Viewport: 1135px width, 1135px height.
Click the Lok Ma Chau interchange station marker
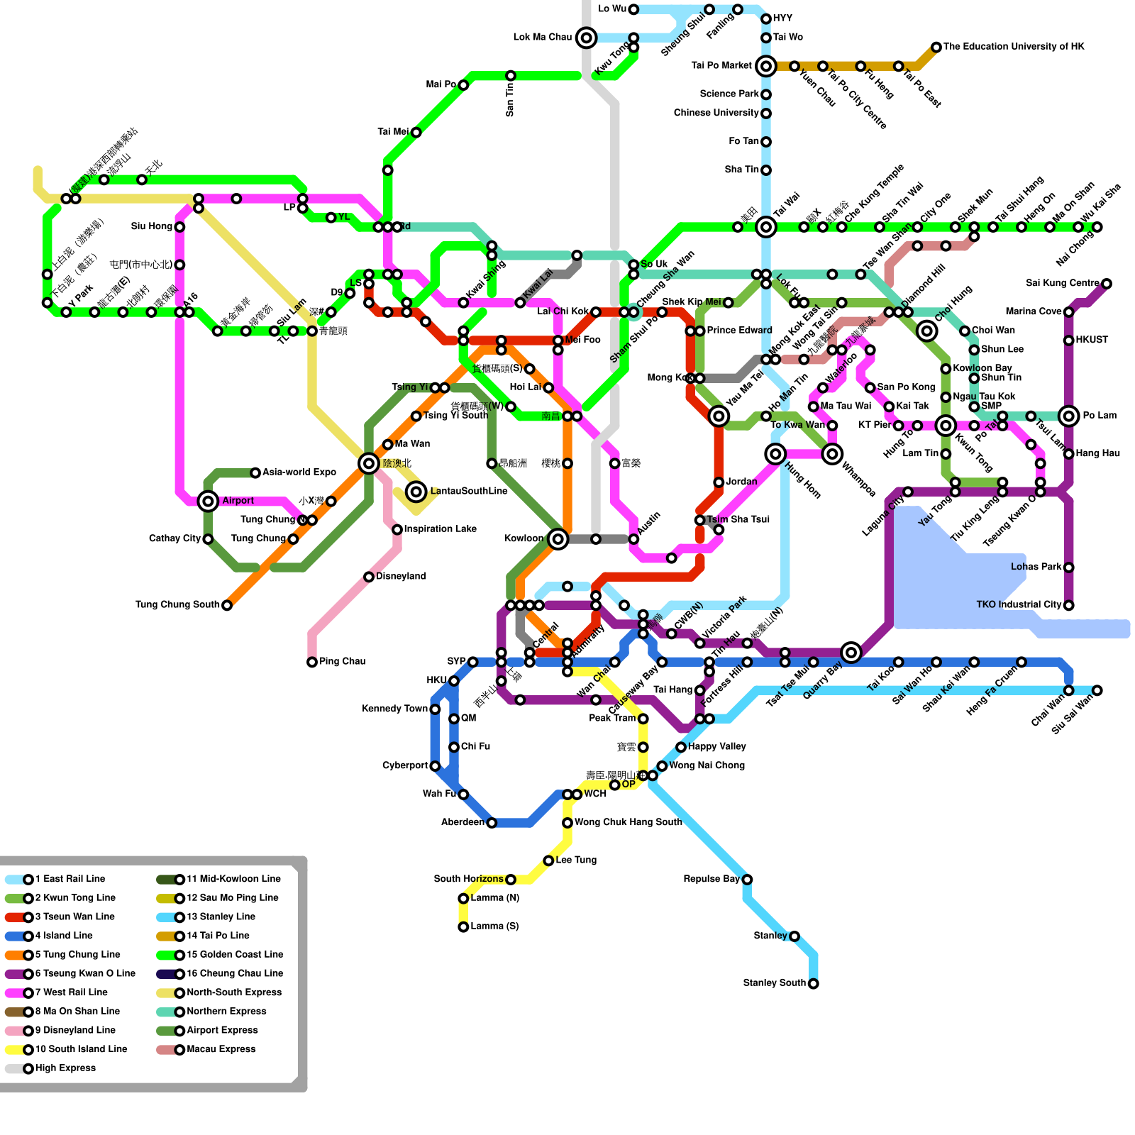(x=586, y=38)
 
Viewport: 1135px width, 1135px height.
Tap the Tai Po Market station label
(x=721, y=66)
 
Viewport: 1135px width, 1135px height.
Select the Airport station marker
(x=208, y=502)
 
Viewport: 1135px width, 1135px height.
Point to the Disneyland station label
(x=401, y=577)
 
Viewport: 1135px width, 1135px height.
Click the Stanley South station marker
(x=814, y=984)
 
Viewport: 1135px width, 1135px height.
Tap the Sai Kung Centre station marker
(x=1107, y=284)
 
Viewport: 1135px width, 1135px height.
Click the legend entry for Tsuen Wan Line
(x=74, y=917)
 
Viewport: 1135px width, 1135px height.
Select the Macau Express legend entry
(x=221, y=1050)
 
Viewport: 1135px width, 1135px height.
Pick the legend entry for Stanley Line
(x=221, y=917)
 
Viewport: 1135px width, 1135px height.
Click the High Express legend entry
(x=65, y=1068)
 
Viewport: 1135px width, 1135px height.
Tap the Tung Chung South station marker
(x=227, y=606)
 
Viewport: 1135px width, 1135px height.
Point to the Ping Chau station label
(x=342, y=662)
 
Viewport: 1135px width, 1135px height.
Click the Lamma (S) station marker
(x=463, y=927)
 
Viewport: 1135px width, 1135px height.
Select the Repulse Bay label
(x=712, y=880)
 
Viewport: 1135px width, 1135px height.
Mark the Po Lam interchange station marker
(x=1069, y=416)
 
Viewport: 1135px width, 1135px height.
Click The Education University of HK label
(x=1014, y=47)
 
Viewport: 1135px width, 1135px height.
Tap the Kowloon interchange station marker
(x=558, y=539)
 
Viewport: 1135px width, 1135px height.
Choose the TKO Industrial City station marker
(x=1069, y=606)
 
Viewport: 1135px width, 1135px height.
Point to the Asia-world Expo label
(x=299, y=472)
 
